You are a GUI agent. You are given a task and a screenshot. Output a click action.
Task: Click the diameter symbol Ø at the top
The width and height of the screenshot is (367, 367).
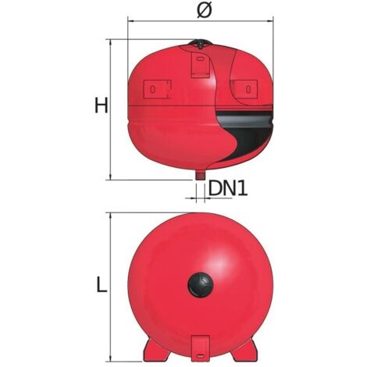pyautogui.click(x=205, y=11)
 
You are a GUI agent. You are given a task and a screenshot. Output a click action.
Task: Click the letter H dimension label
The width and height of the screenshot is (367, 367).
pyautogui.click(x=101, y=105)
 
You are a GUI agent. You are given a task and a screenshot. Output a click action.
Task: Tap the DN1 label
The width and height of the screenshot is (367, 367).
pyautogui.click(x=228, y=188)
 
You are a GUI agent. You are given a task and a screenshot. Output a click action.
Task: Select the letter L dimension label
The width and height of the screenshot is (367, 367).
pyautogui.click(x=102, y=284)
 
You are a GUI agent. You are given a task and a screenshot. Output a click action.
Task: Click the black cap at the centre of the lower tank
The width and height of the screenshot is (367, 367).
pyautogui.click(x=201, y=284)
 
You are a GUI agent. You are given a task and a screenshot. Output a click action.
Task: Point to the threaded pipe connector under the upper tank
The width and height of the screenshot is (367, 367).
pyautogui.click(x=200, y=175)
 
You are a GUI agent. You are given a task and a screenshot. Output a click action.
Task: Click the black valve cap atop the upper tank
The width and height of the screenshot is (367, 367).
pyautogui.click(x=201, y=43)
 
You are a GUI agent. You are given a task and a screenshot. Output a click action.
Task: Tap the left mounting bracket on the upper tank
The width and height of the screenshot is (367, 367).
pyautogui.click(x=158, y=89)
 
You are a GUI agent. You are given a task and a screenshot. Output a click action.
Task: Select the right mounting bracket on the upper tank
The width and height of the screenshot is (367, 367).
pyautogui.click(x=244, y=89)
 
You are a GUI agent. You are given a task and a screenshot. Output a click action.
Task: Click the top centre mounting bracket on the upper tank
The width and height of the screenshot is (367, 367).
pyautogui.click(x=201, y=65)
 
